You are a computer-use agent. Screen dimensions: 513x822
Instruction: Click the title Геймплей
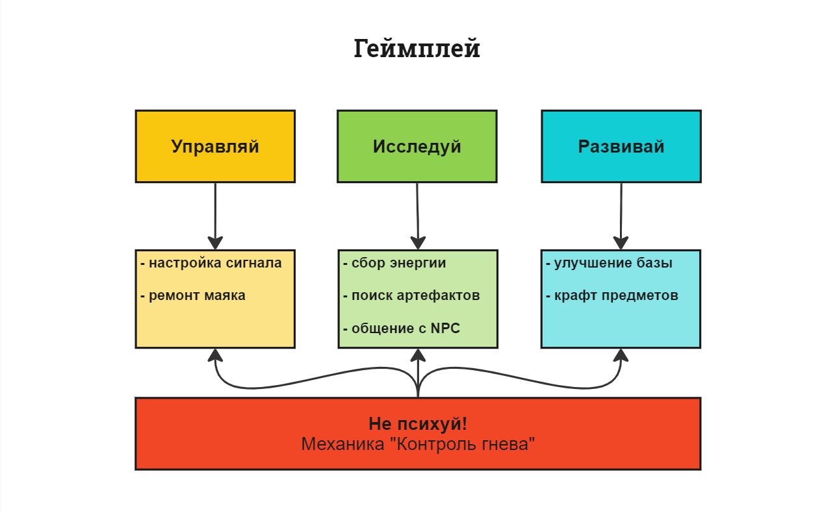click(x=417, y=49)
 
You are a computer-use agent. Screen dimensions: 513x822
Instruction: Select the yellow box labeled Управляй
click(x=215, y=146)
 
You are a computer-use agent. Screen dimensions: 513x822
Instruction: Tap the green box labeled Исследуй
click(x=417, y=146)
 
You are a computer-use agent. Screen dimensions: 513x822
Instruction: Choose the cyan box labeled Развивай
click(x=621, y=146)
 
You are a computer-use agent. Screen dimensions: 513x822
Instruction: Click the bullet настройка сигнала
click(x=211, y=263)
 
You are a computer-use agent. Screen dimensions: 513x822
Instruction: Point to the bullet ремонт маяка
click(x=193, y=295)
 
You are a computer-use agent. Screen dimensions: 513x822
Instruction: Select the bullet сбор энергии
click(x=394, y=263)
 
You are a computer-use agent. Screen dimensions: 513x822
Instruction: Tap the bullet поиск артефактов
click(x=411, y=295)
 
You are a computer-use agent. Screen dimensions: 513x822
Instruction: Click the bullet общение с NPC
click(x=402, y=329)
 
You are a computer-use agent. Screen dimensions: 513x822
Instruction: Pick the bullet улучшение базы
click(x=609, y=263)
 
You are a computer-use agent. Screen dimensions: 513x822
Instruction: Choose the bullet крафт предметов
click(x=612, y=295)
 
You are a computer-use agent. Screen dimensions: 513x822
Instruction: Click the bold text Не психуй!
click(x=418, y=424)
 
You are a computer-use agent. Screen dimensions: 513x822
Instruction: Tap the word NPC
click(x=445, y=329)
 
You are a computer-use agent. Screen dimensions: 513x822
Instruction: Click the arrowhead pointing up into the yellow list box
click(x=215, y=355)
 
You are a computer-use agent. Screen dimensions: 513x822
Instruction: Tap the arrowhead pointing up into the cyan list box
click(x=621, y=355)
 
